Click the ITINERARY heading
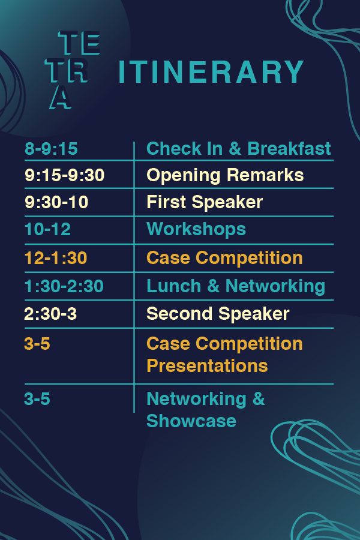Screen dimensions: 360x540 pos(211,71)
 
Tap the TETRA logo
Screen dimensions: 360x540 pos(73,70)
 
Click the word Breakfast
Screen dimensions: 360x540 pos(289,148)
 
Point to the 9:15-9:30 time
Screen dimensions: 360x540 pos(64,175)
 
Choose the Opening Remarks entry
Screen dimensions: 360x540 pos(225,175)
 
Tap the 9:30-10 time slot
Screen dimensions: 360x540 pos(56,202)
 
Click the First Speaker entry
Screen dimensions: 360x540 pos(205,202)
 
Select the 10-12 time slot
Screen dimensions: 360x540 pos(47,229)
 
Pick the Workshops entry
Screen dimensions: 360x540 pos(196,229)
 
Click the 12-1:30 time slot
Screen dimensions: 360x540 pos(56,258)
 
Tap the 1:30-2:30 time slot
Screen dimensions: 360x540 pos(64,286)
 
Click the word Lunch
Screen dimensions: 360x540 pos(173,286)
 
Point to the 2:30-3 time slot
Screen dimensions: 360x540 pos(50,314)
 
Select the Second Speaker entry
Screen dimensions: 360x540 pos(218,314)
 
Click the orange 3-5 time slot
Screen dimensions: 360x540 pos(37,344)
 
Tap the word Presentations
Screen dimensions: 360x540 pos(207,366)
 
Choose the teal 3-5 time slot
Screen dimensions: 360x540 pos(37,399)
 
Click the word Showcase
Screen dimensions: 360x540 pos(191,421)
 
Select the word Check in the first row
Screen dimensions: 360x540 pos(174,148)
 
